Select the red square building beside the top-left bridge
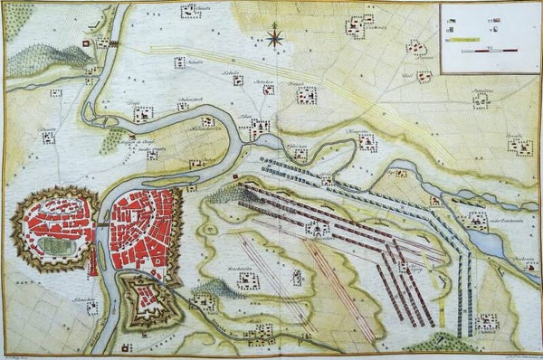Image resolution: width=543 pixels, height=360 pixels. (87, 43)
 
